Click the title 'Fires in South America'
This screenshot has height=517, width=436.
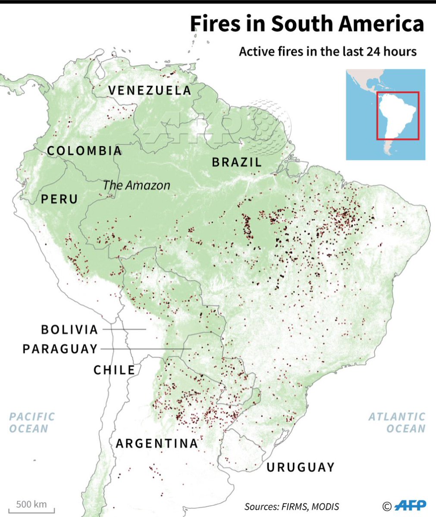tap(307, 25)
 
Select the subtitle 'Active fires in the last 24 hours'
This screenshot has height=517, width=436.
tap(328, 52)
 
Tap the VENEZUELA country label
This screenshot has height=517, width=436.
tap(149, 90)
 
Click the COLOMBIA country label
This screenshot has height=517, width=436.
tap(85, 151)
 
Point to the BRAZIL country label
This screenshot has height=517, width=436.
tap(237, 162)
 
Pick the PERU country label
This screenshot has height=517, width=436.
tap(60, 199)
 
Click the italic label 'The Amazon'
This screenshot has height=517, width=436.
tap(136, 185)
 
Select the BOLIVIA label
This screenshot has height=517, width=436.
tap(70, 330)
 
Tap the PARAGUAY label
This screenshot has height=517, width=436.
tap(60, 349)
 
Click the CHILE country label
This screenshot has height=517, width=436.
tap(114, 370)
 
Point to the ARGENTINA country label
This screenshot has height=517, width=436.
tap(157, 443)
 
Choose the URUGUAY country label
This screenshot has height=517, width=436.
tap(300, 467)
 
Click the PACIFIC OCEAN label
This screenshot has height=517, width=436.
tap(32, 422)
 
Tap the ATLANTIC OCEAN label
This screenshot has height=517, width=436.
tap(397, 422)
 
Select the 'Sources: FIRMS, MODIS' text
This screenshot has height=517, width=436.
tap(292, 507)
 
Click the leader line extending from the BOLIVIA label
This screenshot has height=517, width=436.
tap(125, 330)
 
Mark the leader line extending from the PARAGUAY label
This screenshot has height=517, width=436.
tap(147, 349)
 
